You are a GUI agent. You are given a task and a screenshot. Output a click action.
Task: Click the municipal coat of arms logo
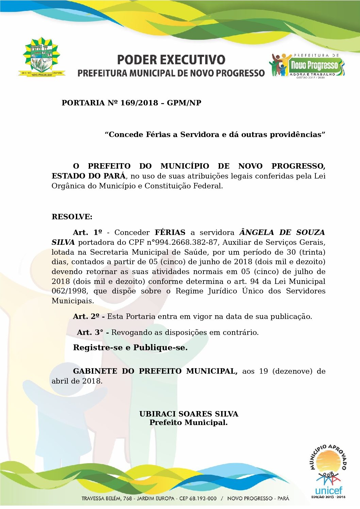coord(42,57)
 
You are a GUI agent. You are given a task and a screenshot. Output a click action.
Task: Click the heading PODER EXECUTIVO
coord(171,60)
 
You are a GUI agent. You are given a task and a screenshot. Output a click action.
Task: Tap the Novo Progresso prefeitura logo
coord(308,66)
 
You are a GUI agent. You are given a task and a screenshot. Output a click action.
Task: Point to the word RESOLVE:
coord(72,217)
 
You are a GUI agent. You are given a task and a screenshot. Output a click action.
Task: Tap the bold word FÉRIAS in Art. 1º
coord(170,233)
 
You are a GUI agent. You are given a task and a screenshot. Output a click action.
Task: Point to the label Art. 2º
coord(86,317)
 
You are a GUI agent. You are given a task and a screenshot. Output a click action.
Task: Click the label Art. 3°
coord(90,333)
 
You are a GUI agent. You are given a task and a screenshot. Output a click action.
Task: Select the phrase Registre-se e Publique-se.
coord(130,348)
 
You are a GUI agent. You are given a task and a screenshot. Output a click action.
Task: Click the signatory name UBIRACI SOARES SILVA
coord(189,414)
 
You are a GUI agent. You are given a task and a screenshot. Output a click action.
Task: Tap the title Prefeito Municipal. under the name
coord(189,423)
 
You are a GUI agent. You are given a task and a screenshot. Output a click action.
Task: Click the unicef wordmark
coord(328,490)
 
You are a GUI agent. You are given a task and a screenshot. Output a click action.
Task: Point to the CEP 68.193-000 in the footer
coord(198,498)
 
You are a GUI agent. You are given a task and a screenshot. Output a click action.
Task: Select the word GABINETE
coord(95,371)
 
